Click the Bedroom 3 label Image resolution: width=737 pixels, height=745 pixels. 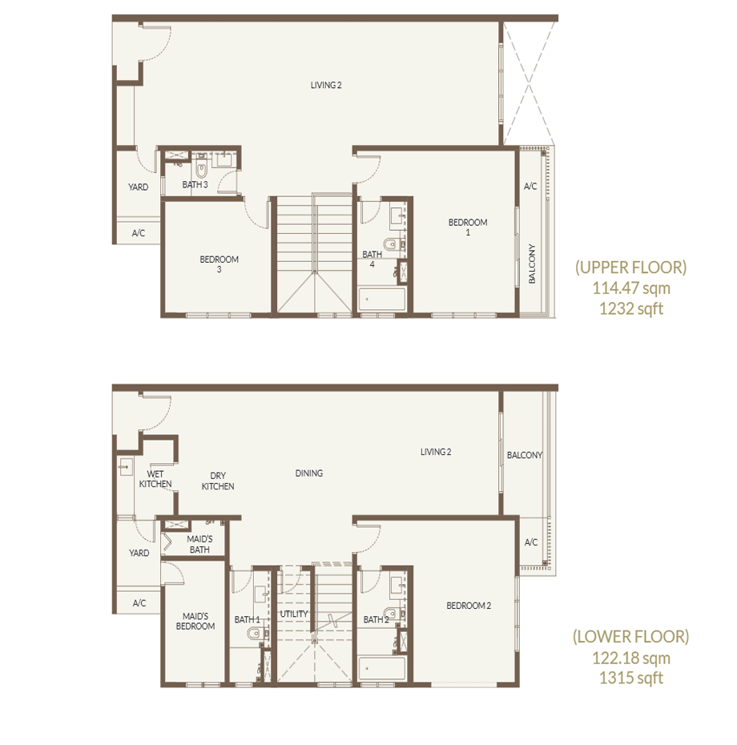[219, 264]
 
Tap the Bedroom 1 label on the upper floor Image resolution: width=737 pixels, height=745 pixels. [468, 228]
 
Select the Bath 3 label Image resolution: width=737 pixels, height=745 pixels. [195, 184]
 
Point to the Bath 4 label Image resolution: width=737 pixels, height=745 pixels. [372, 259]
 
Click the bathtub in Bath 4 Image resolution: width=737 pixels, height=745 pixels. [382, 299]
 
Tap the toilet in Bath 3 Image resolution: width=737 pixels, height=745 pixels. [201, 169]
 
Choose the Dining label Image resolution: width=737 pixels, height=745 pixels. [309, 473]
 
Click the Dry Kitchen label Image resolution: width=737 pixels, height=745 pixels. [218, 481]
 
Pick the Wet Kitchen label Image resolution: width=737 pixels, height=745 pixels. [155, 479]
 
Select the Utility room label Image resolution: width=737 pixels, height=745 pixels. [294, 614]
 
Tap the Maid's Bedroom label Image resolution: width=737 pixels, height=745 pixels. [195, 621]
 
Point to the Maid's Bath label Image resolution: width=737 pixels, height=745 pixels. [199, 545]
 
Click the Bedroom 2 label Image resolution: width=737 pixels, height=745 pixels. [469, 606]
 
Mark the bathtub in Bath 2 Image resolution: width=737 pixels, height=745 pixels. [382, 669]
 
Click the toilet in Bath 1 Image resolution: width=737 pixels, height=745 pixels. [256, 633]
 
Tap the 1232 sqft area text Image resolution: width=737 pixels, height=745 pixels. [631, 309]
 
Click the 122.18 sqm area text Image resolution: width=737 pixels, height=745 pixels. [631, 658]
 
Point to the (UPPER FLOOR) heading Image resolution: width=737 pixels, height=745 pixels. [631, 268]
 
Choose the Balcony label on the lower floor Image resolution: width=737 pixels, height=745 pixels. [525, 455]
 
